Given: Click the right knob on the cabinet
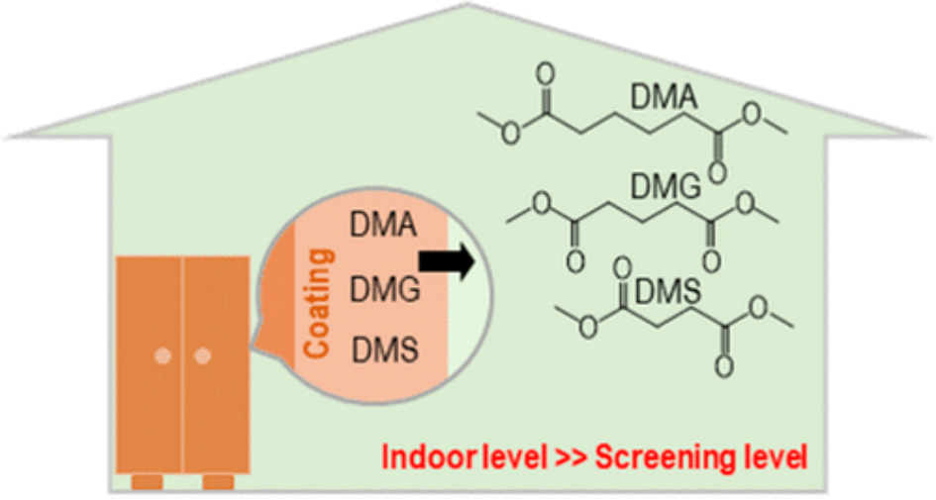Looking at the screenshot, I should coord(203,355).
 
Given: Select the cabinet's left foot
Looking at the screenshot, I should coord(148,482).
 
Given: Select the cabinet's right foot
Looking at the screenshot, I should coord(218,482).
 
